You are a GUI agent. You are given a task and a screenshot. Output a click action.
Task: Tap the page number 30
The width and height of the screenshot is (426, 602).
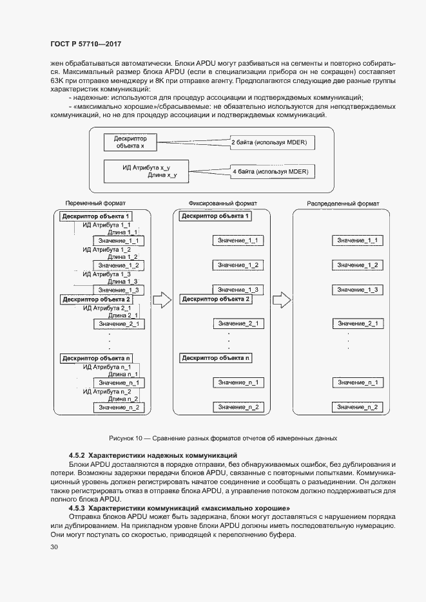point(53,547)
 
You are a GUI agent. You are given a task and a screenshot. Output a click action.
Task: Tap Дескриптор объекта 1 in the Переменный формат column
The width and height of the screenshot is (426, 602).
point(97,216)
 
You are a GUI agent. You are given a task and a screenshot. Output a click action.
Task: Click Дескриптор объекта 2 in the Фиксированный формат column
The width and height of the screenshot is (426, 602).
point(215,299)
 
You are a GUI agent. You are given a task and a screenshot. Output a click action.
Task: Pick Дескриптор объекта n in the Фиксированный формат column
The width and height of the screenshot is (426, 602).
point(215,358)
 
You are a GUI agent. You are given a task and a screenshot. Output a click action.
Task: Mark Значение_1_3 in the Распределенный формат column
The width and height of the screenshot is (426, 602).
point(357,290)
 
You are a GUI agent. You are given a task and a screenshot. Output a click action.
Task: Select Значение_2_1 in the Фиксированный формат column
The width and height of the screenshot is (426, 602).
point(238,323)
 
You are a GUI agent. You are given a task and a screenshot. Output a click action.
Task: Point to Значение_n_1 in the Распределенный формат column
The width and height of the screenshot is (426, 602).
point(357,382)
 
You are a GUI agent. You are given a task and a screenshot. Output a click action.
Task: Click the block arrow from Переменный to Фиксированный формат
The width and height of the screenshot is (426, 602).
point(163,300)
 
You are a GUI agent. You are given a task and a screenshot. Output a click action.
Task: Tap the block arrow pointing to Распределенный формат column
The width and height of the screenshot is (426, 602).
point(281,300)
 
